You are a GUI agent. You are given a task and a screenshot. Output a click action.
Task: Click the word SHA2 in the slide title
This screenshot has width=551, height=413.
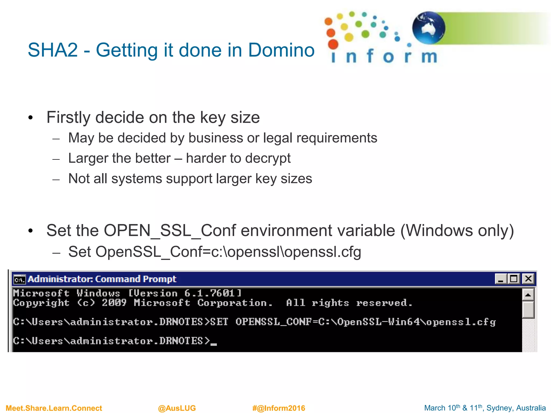pos(53,50)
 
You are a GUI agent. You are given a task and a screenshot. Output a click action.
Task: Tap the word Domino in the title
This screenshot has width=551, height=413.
pos(281,50)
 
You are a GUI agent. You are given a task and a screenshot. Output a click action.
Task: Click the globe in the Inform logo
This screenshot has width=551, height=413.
pos(429,28)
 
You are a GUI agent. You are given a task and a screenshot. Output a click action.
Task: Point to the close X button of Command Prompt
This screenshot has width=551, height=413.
pos(528,279)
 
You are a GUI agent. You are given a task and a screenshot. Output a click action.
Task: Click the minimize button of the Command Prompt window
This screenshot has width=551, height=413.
pos(501,279)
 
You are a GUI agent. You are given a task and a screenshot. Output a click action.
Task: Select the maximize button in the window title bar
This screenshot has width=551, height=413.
pos(514,279)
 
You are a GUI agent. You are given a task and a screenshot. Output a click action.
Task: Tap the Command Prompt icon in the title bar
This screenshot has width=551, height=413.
pos(20,279)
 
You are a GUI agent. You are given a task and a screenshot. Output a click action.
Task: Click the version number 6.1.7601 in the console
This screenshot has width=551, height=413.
pos(210,293)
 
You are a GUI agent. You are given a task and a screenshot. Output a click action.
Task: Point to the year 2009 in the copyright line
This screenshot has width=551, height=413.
pos(114,303)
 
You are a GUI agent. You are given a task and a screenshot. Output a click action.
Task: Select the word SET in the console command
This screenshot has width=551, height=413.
pos(219,322)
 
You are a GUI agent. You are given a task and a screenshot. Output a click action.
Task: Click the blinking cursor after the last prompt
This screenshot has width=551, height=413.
pos(214,344)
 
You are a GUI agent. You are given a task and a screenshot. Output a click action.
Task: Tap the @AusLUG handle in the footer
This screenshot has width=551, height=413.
pos(177,408)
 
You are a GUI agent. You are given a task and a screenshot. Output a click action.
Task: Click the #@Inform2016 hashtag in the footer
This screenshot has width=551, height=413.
pos(279,408)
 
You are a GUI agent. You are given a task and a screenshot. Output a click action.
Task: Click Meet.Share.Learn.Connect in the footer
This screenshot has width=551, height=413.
pos(54,408)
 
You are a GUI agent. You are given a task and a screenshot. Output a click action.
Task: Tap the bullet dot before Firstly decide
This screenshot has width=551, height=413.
pos(30,118)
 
